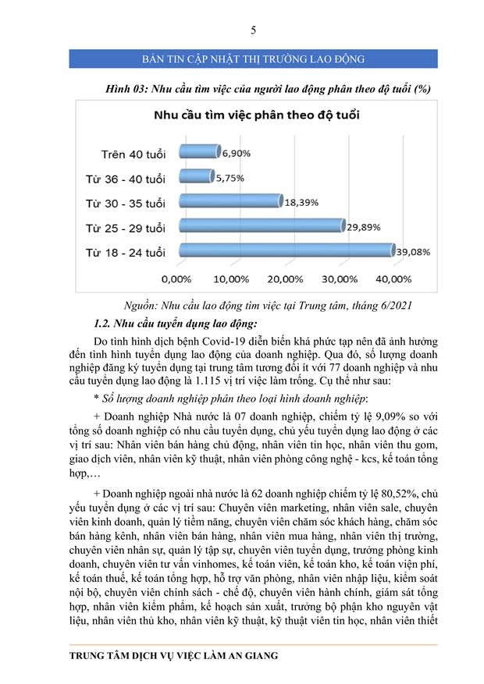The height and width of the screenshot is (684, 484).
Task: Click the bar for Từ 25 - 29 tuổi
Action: (262, 226)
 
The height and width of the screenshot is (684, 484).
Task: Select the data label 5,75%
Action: (230, 178)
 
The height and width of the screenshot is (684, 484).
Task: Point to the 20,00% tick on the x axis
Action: (285, 278)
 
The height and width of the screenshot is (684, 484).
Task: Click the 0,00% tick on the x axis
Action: (176, 278)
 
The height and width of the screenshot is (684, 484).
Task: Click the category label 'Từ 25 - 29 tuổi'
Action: (126, 228)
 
